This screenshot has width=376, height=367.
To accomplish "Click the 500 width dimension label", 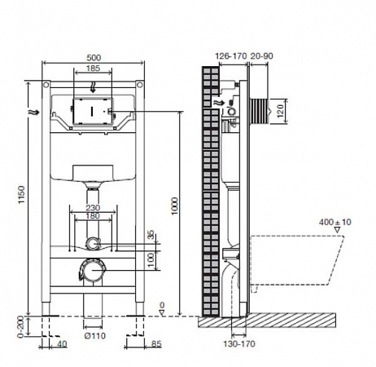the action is pyautogui.click(x=94, y=58).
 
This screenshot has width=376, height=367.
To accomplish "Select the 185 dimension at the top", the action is pyautogui.click(x=93, y=69).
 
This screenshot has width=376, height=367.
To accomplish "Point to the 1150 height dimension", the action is pyautogui.click(x=21, y=195).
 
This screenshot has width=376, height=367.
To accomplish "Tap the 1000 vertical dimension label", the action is pyautogui.click(x=175, y=206).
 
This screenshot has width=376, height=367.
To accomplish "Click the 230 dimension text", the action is pyautogui.click(x=93, y=208).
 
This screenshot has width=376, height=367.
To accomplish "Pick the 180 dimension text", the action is pyautogui.click(x=93, y=216).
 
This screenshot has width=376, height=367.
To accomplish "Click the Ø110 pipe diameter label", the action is pyautogui.click(x=95, y=336).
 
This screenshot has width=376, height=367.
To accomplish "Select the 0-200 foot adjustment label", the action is pyautogui.click(x=21, y=327).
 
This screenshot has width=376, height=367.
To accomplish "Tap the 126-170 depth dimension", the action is pyautogui.click(x=231, y=56).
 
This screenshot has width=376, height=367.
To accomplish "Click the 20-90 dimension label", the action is pyautogui.click(x=261, y=56).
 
